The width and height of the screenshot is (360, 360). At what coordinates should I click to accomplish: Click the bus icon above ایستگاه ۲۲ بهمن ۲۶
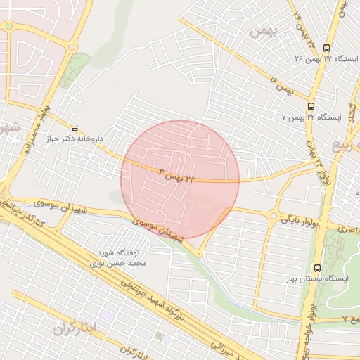[326, 48]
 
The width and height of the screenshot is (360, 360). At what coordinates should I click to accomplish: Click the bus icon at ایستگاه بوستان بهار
[317, 267]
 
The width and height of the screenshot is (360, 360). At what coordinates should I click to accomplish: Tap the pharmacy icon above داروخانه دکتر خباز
[75, 129]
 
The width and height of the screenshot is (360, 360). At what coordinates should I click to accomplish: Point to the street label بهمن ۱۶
[280, 87]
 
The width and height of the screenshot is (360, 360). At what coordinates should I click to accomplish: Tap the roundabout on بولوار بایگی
[273, 215]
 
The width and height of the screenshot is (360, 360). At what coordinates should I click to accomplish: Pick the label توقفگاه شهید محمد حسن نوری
[114, 257]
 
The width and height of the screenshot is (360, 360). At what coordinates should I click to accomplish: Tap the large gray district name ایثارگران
[72, 328]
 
